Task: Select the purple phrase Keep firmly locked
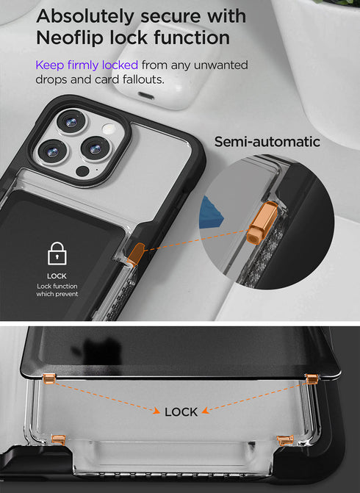(x=87, y=65)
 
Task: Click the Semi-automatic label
(x=267, y=141)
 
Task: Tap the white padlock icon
(x=57, y=253)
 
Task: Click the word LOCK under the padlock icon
(x=57, y=276)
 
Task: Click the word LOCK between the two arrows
(x=181, y=411)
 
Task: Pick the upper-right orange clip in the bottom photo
(x=310, y=378)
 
